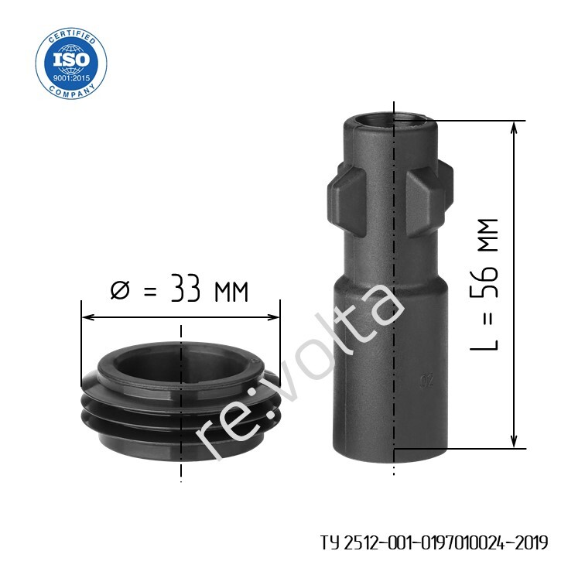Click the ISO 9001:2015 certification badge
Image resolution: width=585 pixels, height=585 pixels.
point(71,63)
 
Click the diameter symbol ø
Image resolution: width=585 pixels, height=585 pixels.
point(120,290)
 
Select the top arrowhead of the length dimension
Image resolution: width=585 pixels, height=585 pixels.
point(514,128)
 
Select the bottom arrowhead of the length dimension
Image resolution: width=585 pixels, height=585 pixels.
point(514,441)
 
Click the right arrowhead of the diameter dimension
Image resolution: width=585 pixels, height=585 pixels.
point(272,317)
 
